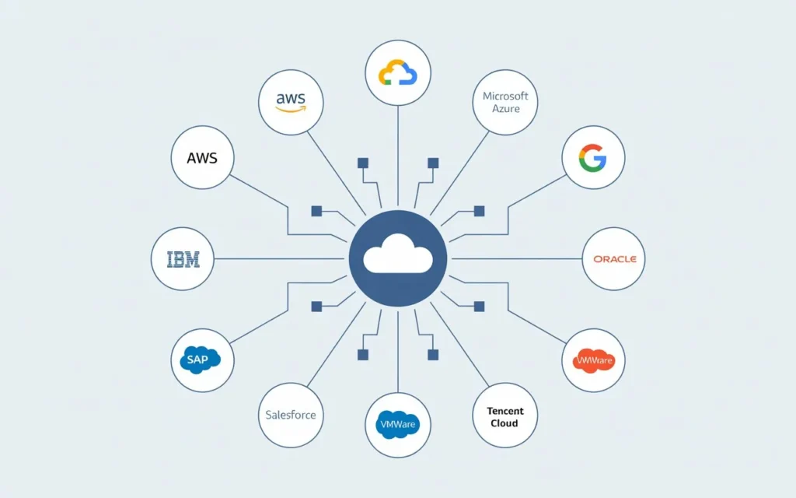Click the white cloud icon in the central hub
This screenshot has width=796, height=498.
click(397, 254)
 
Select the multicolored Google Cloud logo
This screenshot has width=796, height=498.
click(397, 72)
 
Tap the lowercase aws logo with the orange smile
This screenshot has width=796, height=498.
click(291, 102)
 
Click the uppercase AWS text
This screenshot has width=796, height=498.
click(202, 157)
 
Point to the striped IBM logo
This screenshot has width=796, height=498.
click(183, 259)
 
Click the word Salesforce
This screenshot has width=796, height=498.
click(290, 415)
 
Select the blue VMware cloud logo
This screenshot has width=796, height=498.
click(397, 424)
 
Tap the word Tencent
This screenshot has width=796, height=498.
click(505, 411)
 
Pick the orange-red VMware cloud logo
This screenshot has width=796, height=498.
click(594, 360)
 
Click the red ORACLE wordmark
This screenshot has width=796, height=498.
click(614, 259)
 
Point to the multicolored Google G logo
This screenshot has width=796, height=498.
click(593, 158)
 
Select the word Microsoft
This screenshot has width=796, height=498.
click(505, 96)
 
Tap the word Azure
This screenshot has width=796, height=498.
click(505, 109)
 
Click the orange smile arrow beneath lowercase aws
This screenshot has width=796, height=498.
click(291, 110)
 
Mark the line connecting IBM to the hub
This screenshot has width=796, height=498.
click(280, 259)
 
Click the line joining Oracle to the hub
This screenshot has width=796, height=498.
click(517, 259)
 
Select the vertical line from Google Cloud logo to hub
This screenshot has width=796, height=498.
click(397, 156)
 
